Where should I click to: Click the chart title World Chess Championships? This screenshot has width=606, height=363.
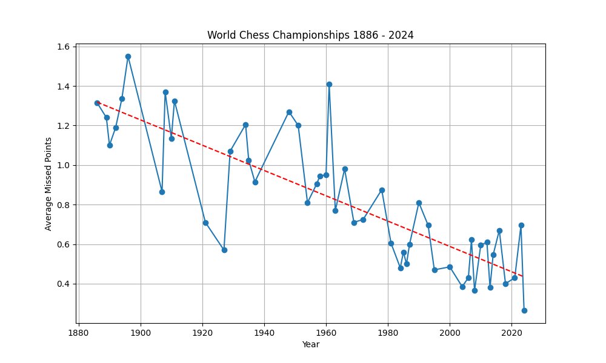point(310,35)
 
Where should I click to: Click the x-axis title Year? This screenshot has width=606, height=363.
point(310,345)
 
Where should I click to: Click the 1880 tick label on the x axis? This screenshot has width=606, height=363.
point(79,332)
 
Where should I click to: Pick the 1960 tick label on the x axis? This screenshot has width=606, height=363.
point(326,332)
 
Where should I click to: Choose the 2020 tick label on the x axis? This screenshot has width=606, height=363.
point(511,332)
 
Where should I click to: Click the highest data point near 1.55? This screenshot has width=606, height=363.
point(128,56)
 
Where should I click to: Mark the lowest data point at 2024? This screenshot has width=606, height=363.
point(524,310)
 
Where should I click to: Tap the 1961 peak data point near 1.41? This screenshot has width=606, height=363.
point(329,84)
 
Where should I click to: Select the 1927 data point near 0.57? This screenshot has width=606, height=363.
point(224,250)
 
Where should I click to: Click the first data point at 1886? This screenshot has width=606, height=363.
point(97,103)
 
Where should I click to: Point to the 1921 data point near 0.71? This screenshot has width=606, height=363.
point(205,223)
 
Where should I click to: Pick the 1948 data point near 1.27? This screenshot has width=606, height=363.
point(289,112)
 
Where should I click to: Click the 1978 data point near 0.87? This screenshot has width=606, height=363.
point(382,190)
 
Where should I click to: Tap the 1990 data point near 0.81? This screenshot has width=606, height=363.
point(419,203)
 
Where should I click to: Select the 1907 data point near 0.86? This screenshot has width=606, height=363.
point(162,192)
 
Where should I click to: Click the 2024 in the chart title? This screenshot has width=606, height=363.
point(402,35)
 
